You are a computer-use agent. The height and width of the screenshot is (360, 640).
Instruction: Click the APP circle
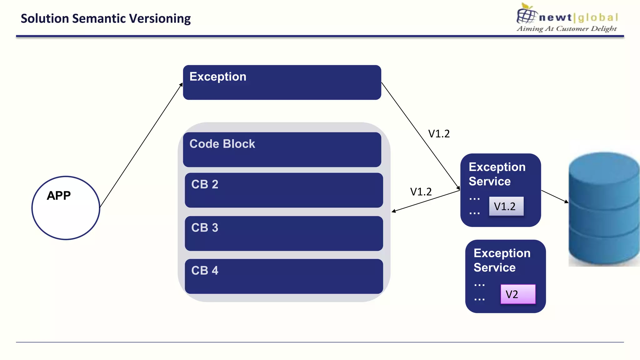coord(66,208)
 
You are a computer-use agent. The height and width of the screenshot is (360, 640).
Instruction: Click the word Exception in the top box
coord(218,77)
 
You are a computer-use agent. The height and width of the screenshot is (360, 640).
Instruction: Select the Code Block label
coord(222,144)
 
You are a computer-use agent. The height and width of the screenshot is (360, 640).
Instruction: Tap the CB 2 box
coord(284,190)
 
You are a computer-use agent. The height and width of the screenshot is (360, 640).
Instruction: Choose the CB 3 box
coord(284,233)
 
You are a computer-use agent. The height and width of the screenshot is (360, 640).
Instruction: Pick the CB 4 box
coord(284,277)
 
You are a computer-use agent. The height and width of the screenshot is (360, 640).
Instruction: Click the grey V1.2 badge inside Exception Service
coord(506,206)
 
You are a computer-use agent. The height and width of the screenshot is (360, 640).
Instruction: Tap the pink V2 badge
coord(518,294)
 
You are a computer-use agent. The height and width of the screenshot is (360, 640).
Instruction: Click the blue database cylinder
coord(604,209)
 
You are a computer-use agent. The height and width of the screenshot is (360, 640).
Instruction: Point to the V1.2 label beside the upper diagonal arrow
coord(439,134)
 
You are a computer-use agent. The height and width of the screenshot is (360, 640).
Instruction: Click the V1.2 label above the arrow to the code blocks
coord(421,192)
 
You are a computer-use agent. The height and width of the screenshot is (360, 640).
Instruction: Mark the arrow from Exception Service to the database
coord(555,197)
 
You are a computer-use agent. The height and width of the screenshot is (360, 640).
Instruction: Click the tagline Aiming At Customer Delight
coord(567,29)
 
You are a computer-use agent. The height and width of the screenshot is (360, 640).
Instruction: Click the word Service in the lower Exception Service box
coord(494,268)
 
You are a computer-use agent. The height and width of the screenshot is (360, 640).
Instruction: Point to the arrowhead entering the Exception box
coord(181,84)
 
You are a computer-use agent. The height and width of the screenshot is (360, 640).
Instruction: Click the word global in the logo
coord(598,17)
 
